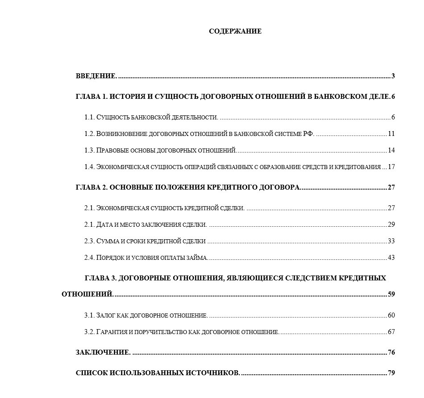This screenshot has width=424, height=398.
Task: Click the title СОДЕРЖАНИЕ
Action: [x=235, y=31]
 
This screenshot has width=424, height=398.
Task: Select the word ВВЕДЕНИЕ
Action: [x=96, y=76]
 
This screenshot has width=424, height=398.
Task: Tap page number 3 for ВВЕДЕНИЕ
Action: [x=393, y=76]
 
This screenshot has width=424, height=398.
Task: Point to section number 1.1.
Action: [x=89, y=117]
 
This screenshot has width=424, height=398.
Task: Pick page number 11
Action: [x=391, y=134]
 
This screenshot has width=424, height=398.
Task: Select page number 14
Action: [x=391, y=150]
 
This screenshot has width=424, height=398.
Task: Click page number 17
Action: [x=391, y=167]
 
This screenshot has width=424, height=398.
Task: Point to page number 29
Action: [x=391, y=224]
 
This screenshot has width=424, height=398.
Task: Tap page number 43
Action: [x=391, y=258]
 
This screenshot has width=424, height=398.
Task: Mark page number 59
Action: [x=391, y=295]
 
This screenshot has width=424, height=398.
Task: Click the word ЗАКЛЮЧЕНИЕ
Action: [x=103, y=352]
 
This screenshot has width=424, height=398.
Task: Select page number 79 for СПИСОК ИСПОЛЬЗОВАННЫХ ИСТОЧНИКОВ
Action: [x=391, y=373]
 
